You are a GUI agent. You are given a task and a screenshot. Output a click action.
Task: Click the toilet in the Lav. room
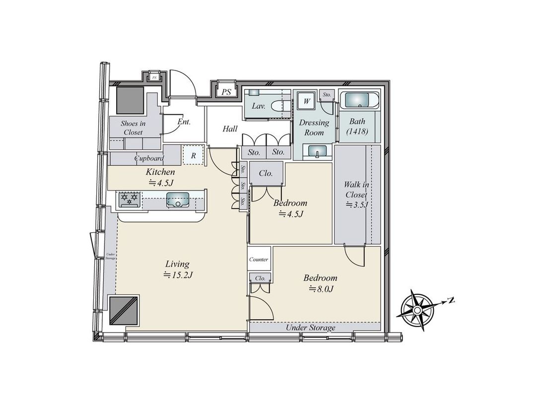[x=281, y=106]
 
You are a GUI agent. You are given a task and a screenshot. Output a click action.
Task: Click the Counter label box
[x=259, y=259]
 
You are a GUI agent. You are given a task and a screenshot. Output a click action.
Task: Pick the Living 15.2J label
[x=177, y=269]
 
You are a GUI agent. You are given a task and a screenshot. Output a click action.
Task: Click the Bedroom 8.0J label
[x=320, y=282]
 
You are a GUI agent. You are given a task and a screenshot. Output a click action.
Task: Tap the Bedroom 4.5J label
[x=290, y=208]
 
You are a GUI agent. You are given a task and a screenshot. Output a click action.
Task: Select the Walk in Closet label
[x=356, y=194]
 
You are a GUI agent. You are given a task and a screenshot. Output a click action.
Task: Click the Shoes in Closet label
[x=133, y=128]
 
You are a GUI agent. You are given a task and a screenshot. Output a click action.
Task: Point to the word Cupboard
[x=149, y=159]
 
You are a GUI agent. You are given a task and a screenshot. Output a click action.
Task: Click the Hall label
[x=230, y=129]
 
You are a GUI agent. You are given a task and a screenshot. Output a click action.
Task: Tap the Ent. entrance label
[x=184, y=122]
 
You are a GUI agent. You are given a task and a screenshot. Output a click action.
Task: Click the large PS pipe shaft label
[x=226, y=91]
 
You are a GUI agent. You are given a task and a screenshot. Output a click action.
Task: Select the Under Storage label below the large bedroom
[x=311, y=328]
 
